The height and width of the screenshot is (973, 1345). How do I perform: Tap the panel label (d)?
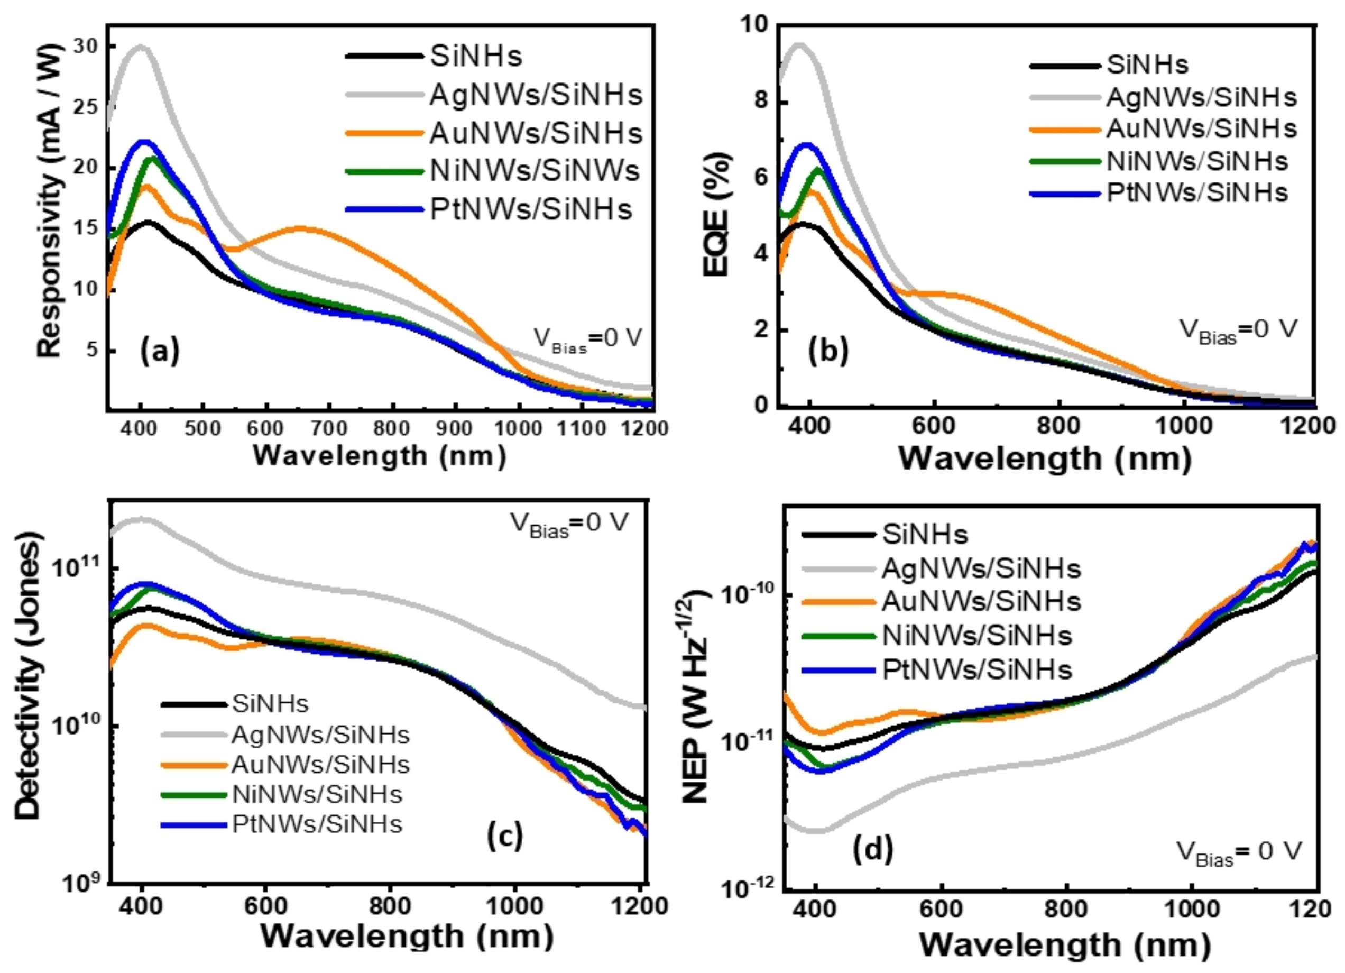coord(872,850)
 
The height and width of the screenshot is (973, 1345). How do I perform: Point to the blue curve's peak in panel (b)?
coord(807,145)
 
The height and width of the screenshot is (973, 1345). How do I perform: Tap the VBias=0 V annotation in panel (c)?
coord(569,525)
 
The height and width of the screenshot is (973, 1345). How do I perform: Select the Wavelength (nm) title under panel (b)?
coord(1044,458)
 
